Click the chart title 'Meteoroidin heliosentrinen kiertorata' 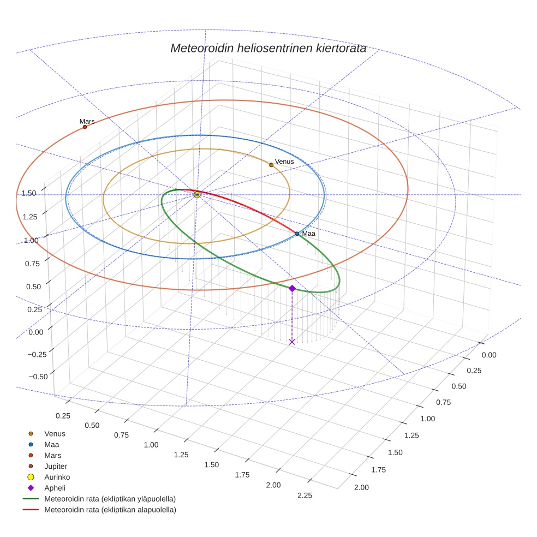click(x=268, y=48)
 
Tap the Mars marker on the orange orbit click(x=85, y=127)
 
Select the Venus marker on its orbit click(x=271, y=165)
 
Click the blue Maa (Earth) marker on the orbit click(x=297, y=234)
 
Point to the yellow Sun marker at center click(x=197, y=195)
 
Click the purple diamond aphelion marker click(x=292, y=288)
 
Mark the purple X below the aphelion click(x=292, y=342)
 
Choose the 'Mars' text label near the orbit click(x=87, y=121)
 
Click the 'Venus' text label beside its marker click(x=284, y=162)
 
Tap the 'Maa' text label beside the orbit click(x=309, y=234)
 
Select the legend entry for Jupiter click(x=55, y=466)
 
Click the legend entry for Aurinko click(x=57, y=477)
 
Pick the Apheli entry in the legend click(x=55, y=488)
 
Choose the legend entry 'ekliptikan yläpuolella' click(x=110, y=499)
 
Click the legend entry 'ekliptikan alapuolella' click(x=110, y=510)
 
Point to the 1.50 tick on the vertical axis click(x=29, y=193)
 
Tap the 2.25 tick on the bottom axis click(x=305, y=495)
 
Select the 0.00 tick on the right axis click(x=489, y=355)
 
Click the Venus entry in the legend click(x=55, y=433)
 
